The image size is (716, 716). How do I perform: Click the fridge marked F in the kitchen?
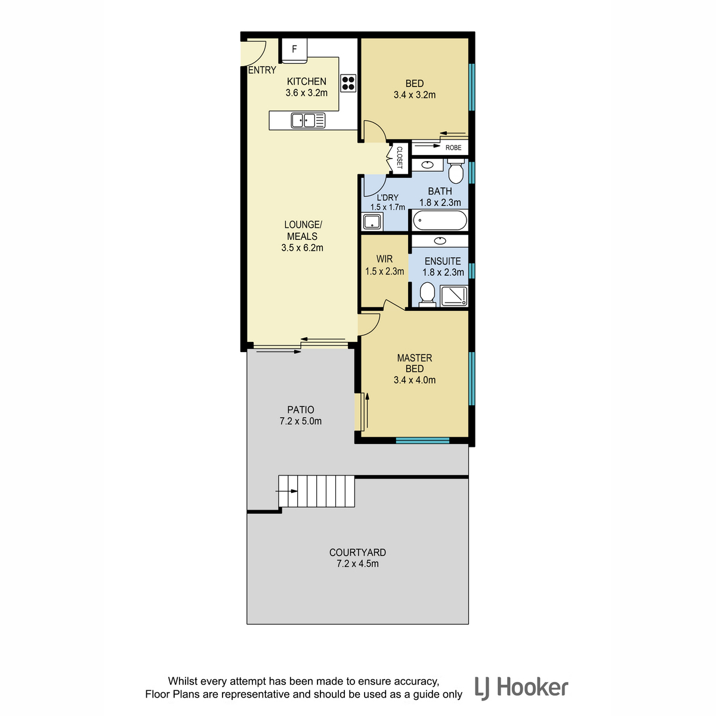[x=294, y=51]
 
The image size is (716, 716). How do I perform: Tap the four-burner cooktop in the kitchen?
[x=348, y=83]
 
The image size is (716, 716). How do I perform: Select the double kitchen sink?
[x=308, y=121]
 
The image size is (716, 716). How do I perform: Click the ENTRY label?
[x=262, y=70]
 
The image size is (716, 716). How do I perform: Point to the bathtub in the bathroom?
[x=440, y=220]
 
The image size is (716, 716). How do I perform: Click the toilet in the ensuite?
[x=427, y=295]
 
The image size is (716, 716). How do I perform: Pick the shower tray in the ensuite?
[x=453, y=296]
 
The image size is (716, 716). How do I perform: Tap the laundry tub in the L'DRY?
[x=372, y=221]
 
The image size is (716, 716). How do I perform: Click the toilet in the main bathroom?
[x=456, y=171]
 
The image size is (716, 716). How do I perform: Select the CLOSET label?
[x=399, y=158]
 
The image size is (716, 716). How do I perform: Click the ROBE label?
[x=453, y=147]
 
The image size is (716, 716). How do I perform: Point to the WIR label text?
[x=384, y=259]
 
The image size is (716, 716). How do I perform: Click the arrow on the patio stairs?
[x=286, y=491]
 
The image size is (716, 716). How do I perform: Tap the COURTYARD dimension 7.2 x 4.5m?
[x=357, y=564]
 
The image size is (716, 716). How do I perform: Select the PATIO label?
[x=301, y=410]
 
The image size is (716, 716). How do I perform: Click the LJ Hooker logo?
[x=521, y=688]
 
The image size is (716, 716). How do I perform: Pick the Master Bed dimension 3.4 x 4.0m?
[x=415, y=380]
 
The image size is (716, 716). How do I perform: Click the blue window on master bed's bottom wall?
[x=422, y=441]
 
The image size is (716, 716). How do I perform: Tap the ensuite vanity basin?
[x=440, y=241]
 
